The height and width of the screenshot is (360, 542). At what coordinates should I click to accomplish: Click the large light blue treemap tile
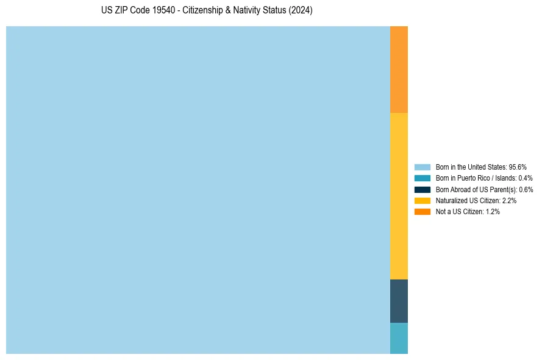pyautogui.click(x=198, y=190)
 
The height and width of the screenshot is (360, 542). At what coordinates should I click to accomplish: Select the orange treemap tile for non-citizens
pyautogui.click(x=399, y=70)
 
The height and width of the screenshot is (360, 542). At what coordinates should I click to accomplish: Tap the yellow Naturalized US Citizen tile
pyautogui.click(x=399, y=196)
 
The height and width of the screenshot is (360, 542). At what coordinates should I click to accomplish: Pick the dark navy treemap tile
pyautogui.click(x=399, y=301)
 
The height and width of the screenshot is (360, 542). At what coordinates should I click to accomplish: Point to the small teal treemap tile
pyautogui.click(x=399, y=338)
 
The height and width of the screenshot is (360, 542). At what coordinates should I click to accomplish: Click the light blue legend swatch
pyautogui.click(x=422, y=167)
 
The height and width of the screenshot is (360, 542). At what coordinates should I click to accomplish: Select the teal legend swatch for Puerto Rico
pyautogui.click(x=422, y=178)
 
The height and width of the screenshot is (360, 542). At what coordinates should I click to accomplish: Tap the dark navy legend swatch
pyautogui.click(x=422, y=189)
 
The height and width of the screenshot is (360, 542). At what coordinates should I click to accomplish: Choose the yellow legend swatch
pyautogui.click(x=422, y=200)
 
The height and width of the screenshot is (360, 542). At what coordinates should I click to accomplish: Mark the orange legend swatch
pyautogui.click(x=422, y=212)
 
